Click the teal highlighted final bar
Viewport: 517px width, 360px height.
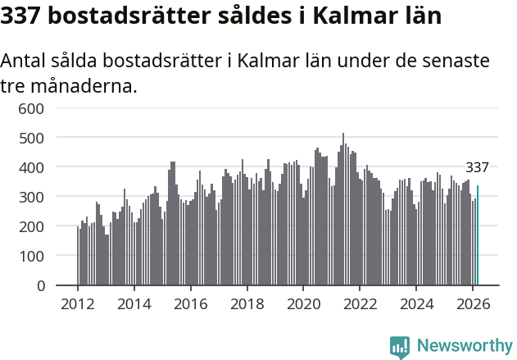[x=478, y=235]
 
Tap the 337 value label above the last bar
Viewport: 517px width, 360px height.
[x=477, y=168]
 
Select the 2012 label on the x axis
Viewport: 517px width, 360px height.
[x=78, y=303]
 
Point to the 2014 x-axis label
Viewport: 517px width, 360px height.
[x=134, y=303]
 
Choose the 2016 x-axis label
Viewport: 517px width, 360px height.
[x=190, y=303]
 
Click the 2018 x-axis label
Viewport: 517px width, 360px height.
[x=247, y=303]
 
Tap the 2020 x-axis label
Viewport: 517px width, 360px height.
[x=303, y=303]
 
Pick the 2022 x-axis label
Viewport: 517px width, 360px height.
[x=360, y=303]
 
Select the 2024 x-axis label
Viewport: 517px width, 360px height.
[x=415, y=303]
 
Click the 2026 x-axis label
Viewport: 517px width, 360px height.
[x=472, y=303]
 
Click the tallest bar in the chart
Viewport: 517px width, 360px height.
[x=343, y=209]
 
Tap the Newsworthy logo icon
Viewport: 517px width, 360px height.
[x=400, y=347]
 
